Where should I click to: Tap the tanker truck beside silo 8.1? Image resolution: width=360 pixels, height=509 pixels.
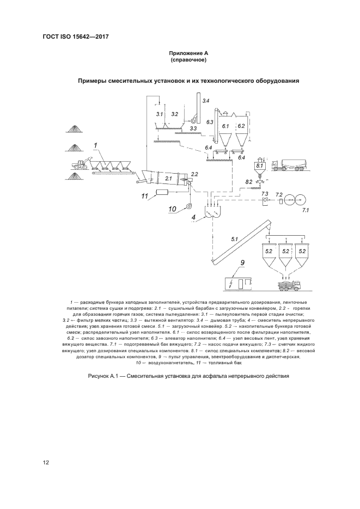[x=289, y=165]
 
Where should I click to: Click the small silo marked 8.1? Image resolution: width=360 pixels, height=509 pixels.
[x=259, y=167]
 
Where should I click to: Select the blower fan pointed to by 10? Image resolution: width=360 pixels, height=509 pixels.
[x=189, y=206]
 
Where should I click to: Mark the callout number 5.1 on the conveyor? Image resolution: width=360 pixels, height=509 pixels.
[x=235, y=238]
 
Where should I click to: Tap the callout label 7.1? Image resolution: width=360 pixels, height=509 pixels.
[x=305, y=209]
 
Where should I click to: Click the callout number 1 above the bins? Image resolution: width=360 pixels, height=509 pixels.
[x=95, y=145]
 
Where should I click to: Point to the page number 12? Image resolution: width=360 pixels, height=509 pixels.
[x=46, y=463]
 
